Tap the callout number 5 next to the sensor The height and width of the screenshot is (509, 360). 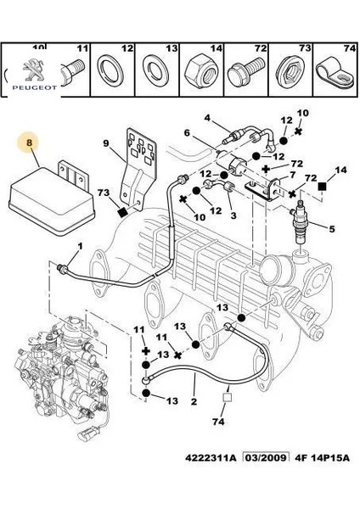[x=332, y=227]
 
